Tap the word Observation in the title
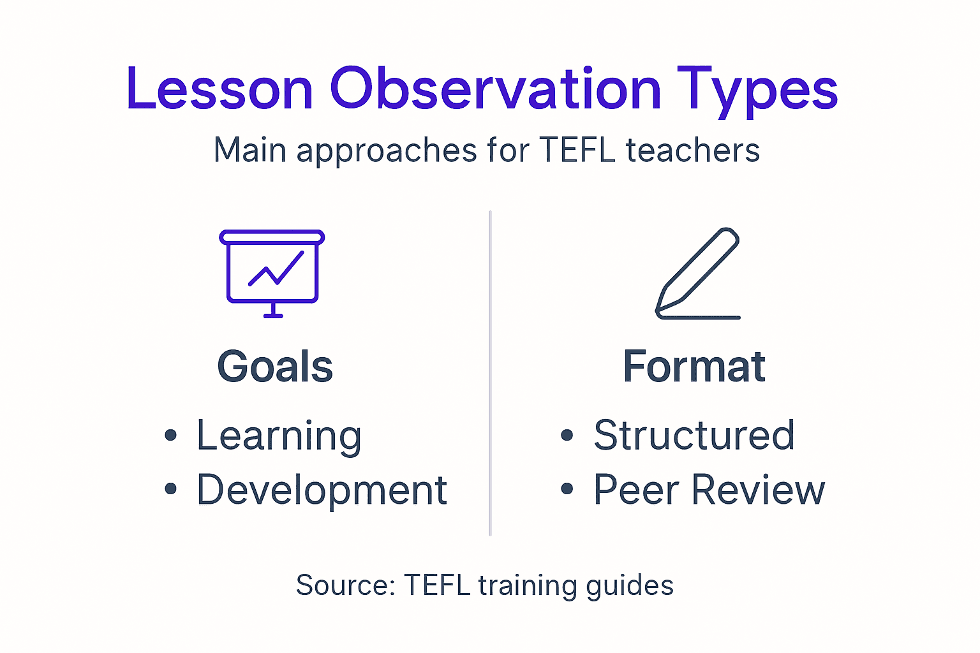(495, 89)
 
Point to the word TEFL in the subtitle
(577, 150)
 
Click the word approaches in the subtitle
(387, 152)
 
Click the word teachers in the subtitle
(692, 150)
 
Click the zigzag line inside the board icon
(276, 269)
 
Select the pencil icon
(698, 273)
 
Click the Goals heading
(275, 367)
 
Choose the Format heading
(694, 367)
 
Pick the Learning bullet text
(279, 436)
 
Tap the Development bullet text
(322, 490)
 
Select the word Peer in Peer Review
(636, 490)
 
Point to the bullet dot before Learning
(170, 436)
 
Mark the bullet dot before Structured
(567, 436)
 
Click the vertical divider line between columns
(490, 373)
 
